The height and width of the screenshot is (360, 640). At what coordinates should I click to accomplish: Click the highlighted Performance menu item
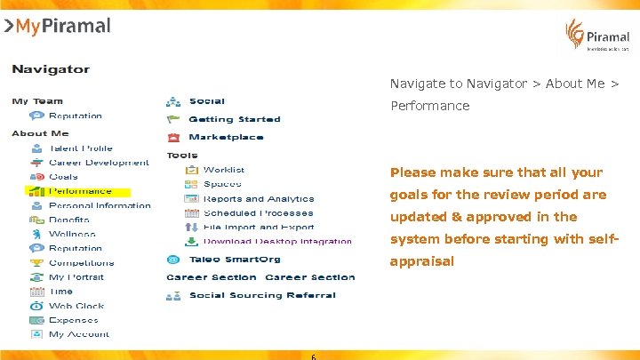coord(80,191)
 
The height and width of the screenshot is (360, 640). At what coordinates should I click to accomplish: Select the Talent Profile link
coord(81,148)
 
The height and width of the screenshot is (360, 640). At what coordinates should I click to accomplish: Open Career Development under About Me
coord(99,163)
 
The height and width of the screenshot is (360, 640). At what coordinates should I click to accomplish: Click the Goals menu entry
coord(63,177)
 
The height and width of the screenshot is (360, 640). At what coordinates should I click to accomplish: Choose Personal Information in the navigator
coord(100,205)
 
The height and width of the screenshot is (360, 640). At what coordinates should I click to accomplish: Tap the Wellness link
coord(72,234)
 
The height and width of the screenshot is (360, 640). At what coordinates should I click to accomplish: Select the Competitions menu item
coord(81,263)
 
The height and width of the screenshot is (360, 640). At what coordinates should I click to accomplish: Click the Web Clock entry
coord(76,306)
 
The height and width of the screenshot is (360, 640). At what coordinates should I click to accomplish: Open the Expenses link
coord(73,320)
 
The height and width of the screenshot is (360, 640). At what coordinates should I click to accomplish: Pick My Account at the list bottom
coord(79,334)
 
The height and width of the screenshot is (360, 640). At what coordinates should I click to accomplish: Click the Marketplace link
coord(226,137)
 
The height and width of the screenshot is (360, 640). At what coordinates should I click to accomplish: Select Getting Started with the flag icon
coord(234,119)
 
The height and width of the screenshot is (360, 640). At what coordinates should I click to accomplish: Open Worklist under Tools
coord(224,170)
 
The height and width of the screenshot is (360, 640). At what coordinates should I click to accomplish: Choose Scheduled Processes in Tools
coord(258,213)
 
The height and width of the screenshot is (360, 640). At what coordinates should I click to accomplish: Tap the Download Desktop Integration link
coord(277,242)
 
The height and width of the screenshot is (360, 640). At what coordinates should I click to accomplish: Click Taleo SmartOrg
coord(234,260)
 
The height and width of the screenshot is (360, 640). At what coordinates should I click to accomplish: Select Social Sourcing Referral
coord(262,295)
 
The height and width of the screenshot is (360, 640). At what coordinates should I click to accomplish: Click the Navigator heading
coord(51,68)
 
